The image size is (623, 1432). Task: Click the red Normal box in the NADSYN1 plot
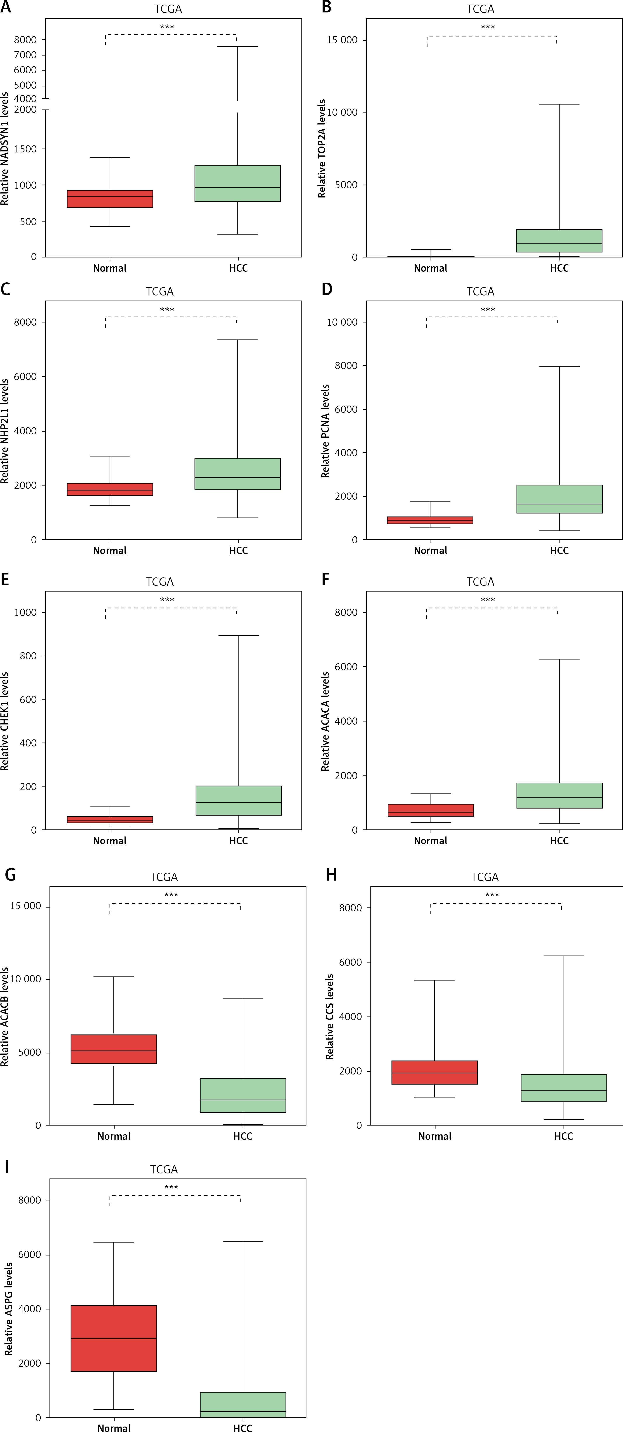point(110,199)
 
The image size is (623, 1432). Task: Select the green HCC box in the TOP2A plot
point(559,241)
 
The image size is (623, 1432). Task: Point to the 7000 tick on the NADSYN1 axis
point(26,55)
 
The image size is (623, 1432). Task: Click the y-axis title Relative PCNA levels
point(325,431)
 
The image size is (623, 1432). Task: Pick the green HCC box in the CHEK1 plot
point(239,800)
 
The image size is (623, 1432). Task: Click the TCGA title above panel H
point(485,877)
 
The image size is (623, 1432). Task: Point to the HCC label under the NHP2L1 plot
point(239,550)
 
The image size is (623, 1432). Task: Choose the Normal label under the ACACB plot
point(114,1136)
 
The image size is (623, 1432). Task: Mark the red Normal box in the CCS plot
point(434,1072)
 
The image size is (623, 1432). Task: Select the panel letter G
point(10,875)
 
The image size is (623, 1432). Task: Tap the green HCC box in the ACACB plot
point(243,1095)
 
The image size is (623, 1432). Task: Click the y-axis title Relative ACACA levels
point(325,722)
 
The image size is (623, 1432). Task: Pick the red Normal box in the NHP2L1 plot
point(110,489)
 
